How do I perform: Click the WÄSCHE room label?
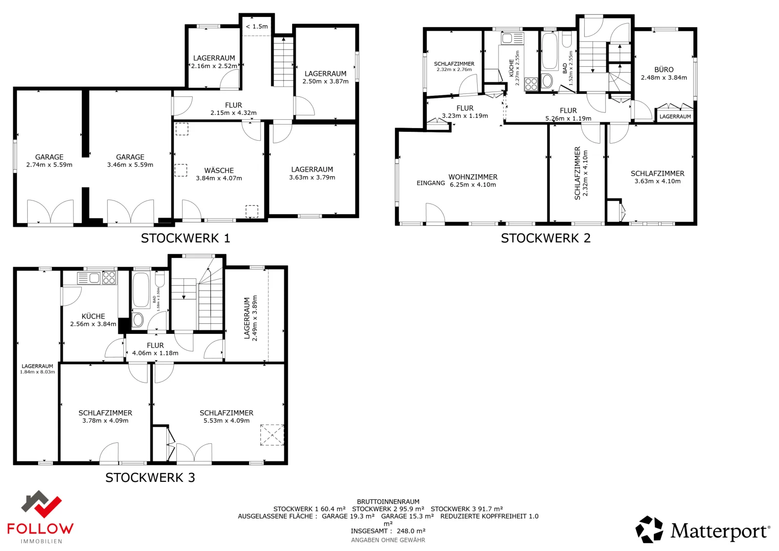pos(219,170)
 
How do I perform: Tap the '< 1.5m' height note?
pos(257,26)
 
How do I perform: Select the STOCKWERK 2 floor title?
pos(546,238)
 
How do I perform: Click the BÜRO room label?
pos(664,70)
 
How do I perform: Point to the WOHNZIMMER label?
pos(473,177)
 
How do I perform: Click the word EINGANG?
pos(430,183)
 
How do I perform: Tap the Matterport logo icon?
pos(649,530)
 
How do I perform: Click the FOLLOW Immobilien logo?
pos(40,516)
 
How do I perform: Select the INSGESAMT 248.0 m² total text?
pos(388,531)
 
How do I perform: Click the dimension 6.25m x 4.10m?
pos(473,184)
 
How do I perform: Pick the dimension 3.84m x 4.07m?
pos(219,178)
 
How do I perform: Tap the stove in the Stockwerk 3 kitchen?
pos(109,278)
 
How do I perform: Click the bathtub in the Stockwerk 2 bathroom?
pos(550,51)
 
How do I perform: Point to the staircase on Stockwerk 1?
pos(283,62)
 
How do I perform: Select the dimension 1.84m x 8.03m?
pos(37,371)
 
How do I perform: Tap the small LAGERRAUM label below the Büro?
pos(675,116)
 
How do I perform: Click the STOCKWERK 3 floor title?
pos(150,478)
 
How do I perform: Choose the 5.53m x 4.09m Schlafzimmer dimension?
pos(226,421)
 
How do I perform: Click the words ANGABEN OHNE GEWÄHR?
pos(388,540)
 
